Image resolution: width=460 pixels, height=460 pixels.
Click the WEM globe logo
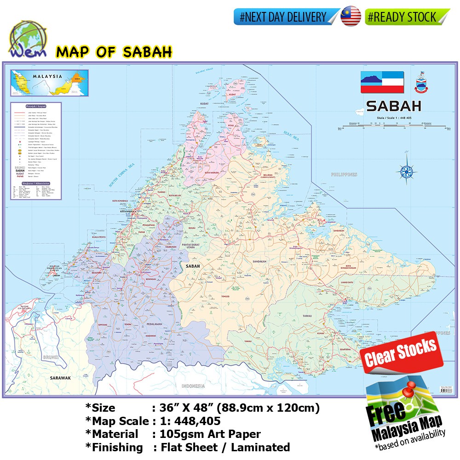click(23, 39)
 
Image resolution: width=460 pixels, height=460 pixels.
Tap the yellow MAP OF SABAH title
click(114, 52)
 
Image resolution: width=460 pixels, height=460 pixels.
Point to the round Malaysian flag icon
click(351, 17)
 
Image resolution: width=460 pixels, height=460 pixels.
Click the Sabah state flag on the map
click(382, 82)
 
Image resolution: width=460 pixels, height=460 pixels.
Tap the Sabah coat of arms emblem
click(422, 81)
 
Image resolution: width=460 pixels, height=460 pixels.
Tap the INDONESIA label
click(193, 386)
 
